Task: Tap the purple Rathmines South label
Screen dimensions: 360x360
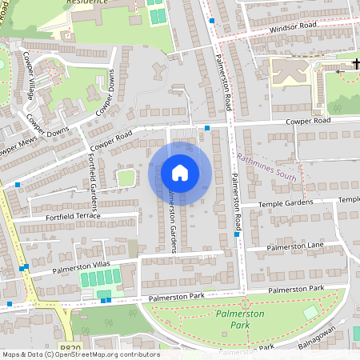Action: click(x=266, y=167)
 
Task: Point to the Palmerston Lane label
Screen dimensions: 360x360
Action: click(x=295, y=245)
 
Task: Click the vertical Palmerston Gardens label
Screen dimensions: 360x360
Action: click(x=170, y=224)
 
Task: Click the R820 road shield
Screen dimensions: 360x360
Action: click(x=71, y=349)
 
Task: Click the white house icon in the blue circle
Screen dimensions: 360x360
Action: click(x=180, y=173)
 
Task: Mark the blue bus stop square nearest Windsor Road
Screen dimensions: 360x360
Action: click(x=211, y=22)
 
